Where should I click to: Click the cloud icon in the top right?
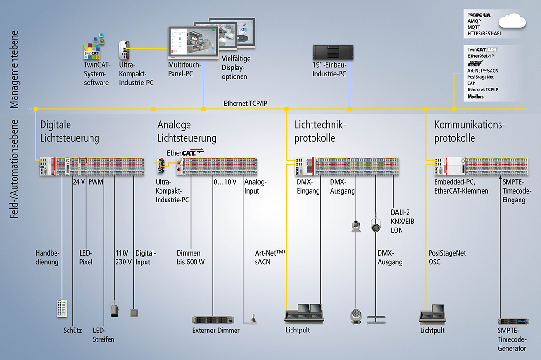[512, 21]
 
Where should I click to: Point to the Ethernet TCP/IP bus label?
[245, 104]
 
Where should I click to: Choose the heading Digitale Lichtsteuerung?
[69, 132]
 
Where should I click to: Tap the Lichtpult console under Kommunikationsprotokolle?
[432, 315]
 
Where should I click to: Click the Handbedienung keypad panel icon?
[62, 308]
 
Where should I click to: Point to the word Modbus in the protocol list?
[476, 97]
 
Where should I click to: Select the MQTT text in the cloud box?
[474, 28]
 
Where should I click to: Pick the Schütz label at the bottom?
[72, 331]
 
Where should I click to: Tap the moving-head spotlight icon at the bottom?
[356, 316]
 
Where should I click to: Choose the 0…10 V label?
[225, 181]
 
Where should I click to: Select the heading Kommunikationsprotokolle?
[470, 132]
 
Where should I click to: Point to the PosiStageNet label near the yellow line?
[447, 253]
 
